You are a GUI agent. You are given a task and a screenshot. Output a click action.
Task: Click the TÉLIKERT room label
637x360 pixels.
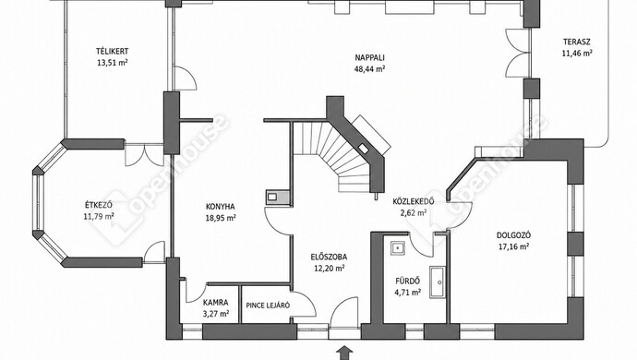tap(112, 52)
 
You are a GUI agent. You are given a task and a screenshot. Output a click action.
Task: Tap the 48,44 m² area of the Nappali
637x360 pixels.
tap(369, 68)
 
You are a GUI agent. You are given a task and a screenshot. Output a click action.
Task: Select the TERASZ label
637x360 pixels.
tap(577, 42)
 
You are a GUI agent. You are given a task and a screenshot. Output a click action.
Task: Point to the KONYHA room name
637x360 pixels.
tap(221, 207)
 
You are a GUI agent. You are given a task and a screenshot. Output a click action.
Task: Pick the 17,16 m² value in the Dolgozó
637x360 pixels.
tap(513, 246)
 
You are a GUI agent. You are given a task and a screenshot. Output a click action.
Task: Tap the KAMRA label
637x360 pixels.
tap(216, 303)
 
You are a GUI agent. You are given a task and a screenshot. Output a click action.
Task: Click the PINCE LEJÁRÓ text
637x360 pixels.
tap(268, 306)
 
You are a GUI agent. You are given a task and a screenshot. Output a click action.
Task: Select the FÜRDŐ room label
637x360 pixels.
tap(408, 281)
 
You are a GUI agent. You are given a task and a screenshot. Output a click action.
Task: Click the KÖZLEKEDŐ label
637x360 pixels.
tap(414, 201)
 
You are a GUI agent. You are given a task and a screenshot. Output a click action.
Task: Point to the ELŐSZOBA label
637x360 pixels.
tap(329, 257)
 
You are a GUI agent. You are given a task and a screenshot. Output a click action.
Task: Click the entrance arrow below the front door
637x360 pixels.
tap(344, 353)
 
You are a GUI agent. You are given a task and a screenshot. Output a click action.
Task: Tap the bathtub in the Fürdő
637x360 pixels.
tap(438, 282)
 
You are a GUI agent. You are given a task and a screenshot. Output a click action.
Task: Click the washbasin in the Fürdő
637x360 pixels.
tap(397, 247)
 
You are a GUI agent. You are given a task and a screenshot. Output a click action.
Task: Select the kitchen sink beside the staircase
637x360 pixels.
tap(277, 197)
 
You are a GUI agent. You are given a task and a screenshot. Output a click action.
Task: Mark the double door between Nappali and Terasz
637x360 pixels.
tap(518, 53)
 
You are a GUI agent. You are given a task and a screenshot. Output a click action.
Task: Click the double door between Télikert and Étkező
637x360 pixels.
tap(144, 154)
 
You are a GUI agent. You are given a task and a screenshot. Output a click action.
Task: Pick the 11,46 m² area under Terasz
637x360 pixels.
tap(577, 53)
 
